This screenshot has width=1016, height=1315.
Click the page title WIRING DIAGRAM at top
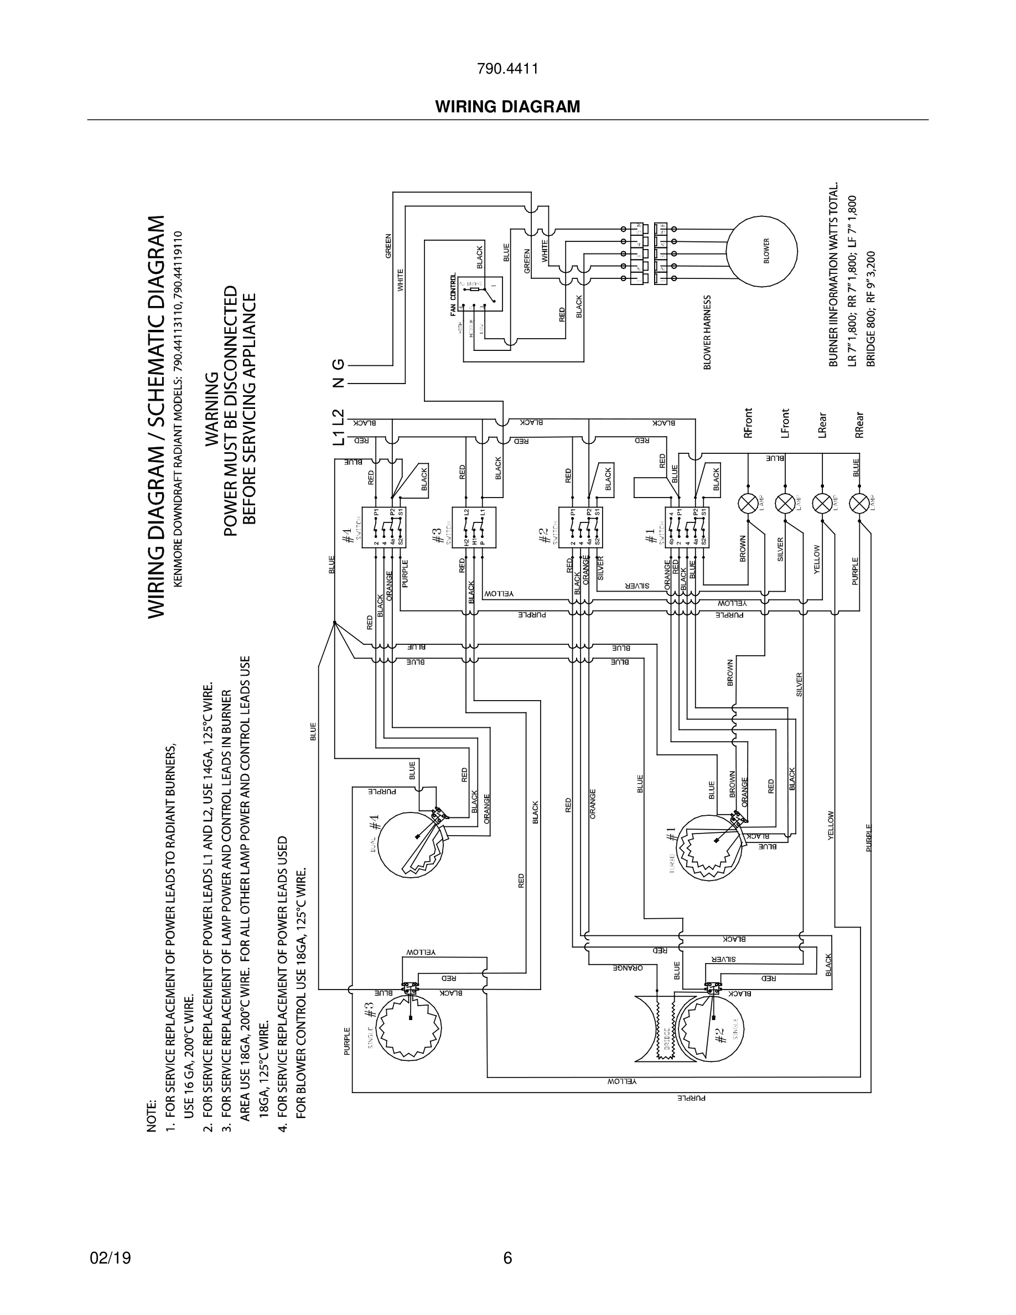507,107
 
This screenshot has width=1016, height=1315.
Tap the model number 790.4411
507,69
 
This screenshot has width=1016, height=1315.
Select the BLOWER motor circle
761,252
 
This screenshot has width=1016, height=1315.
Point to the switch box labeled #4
383,527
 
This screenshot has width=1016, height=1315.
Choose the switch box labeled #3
474,527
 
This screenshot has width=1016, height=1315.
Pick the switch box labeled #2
580,527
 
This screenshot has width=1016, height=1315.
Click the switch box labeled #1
687,527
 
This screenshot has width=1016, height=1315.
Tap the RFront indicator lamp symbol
748,503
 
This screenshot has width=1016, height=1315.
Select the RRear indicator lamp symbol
858,503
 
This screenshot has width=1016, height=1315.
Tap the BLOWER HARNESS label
708,332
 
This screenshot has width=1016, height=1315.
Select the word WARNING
212,410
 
